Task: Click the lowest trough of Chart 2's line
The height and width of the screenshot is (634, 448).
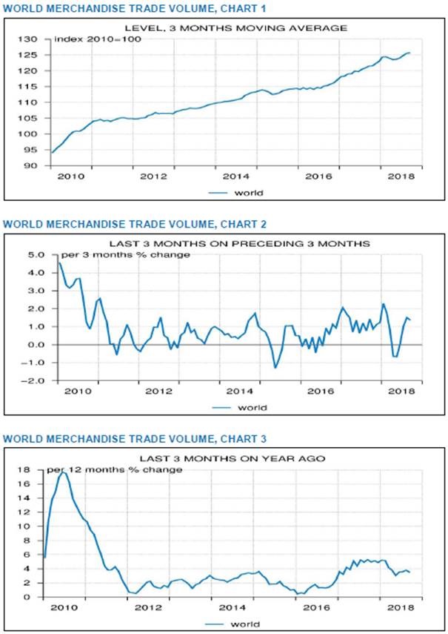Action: click(275, 368)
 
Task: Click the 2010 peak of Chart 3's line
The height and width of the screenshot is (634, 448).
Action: click(63, 472)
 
